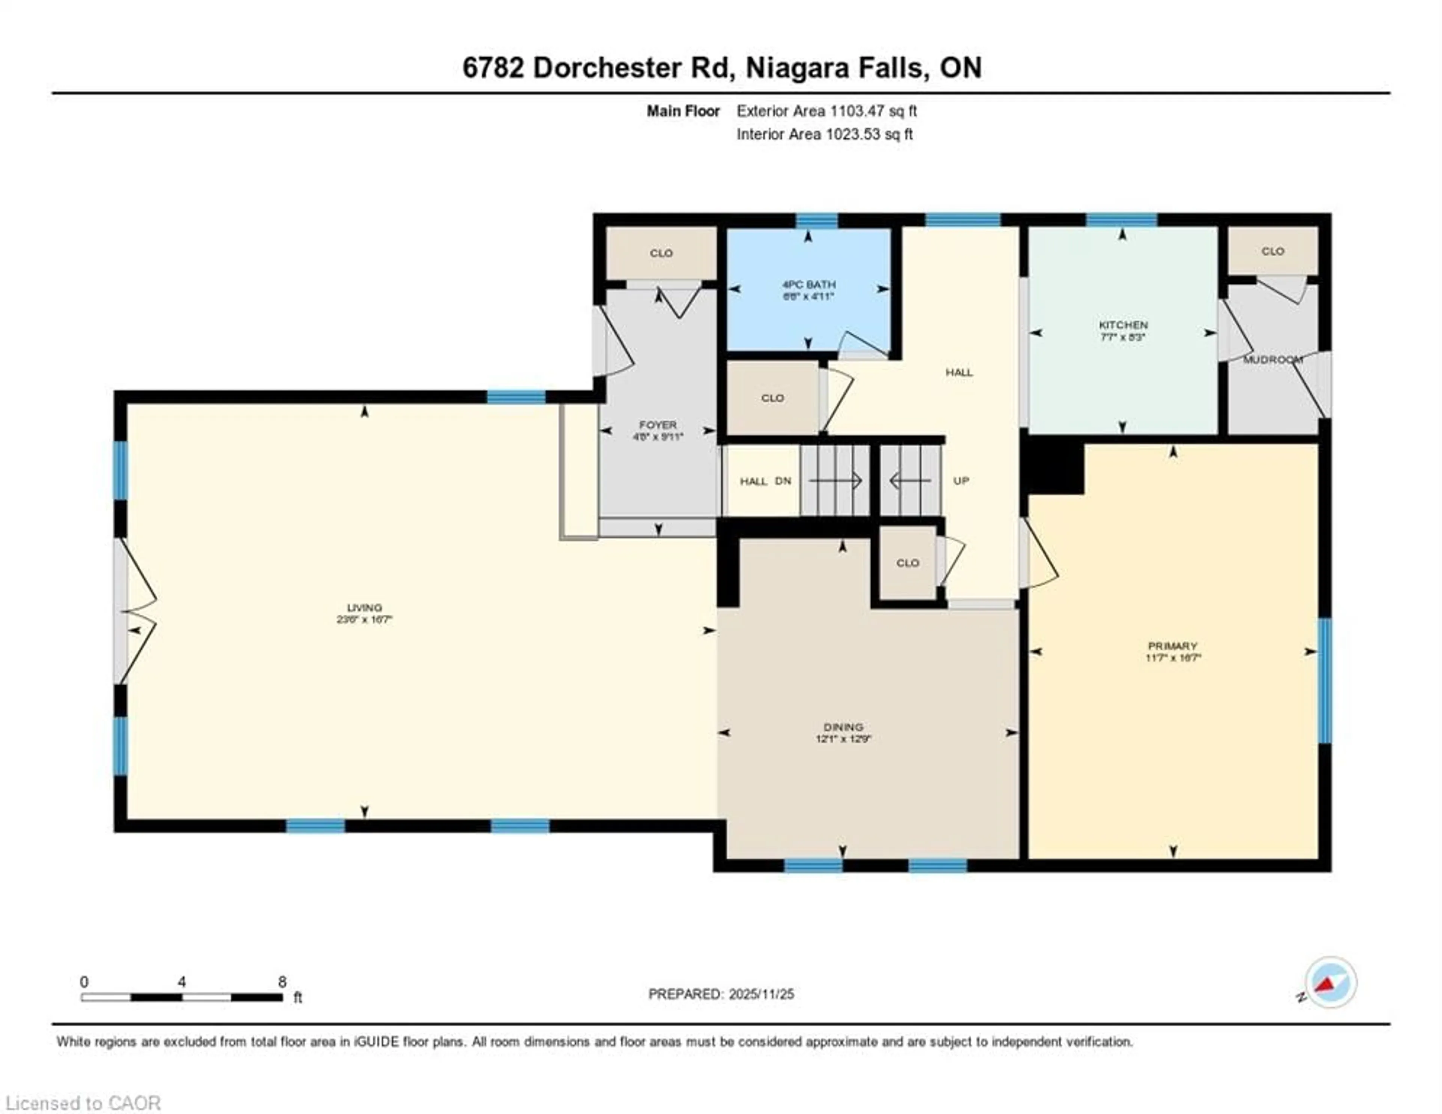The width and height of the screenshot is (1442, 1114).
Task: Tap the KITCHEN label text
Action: coord(1122,325)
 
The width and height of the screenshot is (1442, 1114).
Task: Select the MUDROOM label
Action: coord(1272,360)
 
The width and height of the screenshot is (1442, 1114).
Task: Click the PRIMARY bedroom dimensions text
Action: coord(1173,658)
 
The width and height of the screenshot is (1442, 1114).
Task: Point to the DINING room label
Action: coord(843,727)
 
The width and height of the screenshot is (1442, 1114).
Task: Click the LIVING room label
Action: coord(365,607)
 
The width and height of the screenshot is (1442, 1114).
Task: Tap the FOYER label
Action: coord(658,425)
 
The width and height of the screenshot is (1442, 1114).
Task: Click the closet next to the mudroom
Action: coord(1272,251)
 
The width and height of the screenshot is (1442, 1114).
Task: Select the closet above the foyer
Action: coord(661,253)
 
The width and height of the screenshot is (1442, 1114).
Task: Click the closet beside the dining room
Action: coord(907,562)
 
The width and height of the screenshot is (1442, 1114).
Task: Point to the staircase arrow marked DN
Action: coord(835,481)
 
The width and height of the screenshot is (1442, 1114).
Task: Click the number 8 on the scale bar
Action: coord(282,982)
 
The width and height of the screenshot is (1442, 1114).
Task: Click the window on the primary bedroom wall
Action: coord(1324,680)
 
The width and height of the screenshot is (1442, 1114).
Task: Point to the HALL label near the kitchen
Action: coord(959,372)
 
